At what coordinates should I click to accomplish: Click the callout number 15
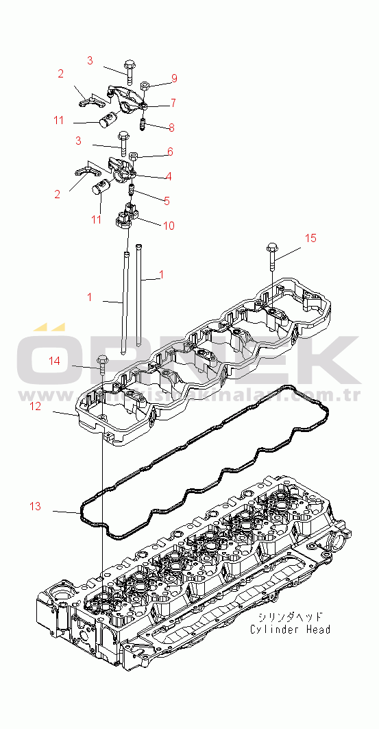point(310,238)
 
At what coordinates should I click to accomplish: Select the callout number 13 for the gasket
point(35,506)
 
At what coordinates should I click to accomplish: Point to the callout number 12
point(35,406)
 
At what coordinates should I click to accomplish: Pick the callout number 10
point(169,224)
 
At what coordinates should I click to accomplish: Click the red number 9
point(174,77)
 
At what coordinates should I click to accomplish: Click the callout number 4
point(168,176)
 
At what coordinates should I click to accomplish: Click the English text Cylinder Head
point(290,629)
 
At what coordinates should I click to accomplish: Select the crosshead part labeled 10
point(128,215)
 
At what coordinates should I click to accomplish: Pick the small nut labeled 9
point(146,86)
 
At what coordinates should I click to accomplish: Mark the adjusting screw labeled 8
point(143,126)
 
